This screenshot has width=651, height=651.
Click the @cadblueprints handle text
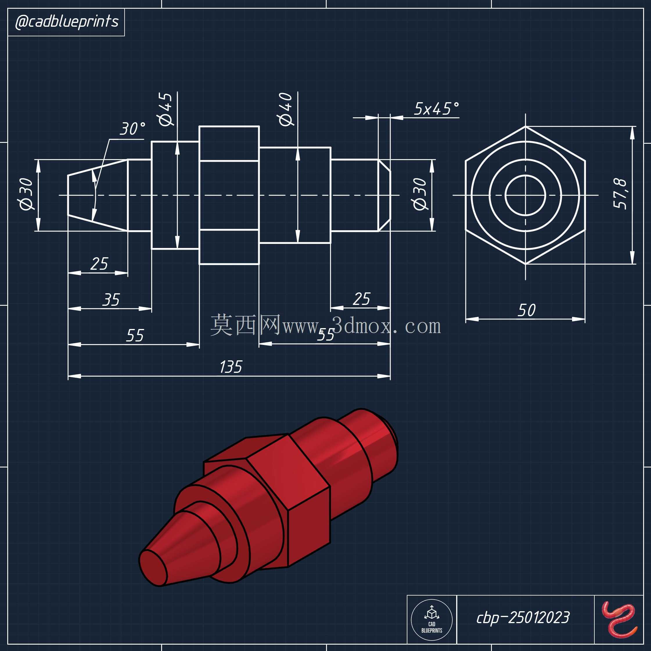[67, 22]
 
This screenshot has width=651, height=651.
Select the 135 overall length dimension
[231, 367]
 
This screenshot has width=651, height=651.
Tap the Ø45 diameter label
[166, 109]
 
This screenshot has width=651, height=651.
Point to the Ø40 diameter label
[285, 109]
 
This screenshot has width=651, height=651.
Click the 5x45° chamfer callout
[436, 109]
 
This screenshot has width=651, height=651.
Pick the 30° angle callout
[133, 129]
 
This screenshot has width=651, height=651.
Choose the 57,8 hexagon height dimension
[620, 193]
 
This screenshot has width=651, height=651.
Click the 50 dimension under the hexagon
[526, 310]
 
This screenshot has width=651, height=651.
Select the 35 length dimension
[111, 300]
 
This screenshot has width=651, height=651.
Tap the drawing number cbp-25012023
[523, 618]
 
